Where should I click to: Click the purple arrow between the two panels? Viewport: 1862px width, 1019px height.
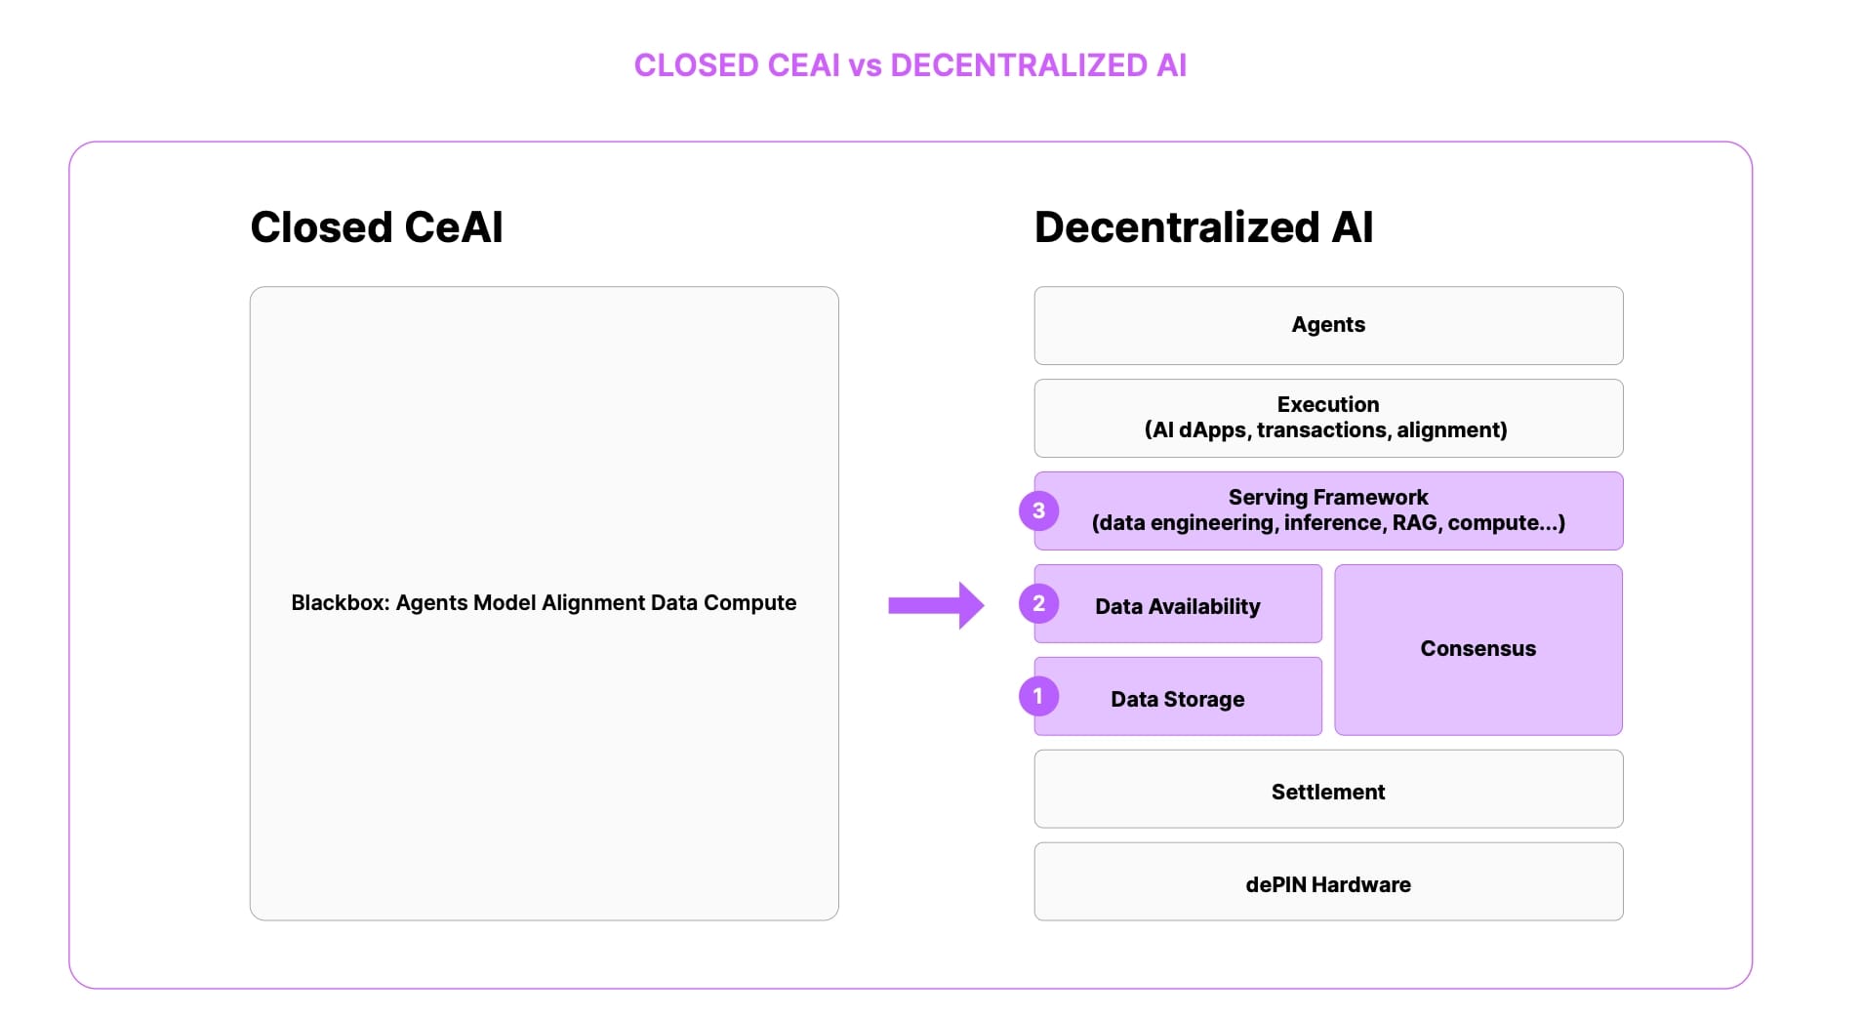click(935, 605)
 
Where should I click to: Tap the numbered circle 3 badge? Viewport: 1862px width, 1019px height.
click(1038, 510)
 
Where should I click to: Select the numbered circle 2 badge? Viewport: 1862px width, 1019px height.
click(1038, 603)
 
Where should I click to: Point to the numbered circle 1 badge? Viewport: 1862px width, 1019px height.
click(1038, 696)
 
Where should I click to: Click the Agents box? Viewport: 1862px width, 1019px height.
click(1328, 325)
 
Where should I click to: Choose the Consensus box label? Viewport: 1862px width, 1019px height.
click(1477, 649)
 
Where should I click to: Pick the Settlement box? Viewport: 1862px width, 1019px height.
click(1328, 792)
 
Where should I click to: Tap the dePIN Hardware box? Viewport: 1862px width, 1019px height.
click(1328, 884)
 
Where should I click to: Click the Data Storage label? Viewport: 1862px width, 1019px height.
click(1177, 699)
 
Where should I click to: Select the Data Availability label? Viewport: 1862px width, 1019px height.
click(1177, 606)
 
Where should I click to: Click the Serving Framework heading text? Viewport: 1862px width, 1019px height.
click(1328, 497)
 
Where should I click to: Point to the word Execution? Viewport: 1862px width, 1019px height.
click(1328, 404)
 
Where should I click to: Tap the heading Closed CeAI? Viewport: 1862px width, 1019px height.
click(377, 227)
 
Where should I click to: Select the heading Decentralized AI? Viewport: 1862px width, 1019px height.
click(1203, 227)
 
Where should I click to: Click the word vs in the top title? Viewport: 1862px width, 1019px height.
click(865, 65)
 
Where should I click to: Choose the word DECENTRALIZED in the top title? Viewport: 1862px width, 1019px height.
click(1019, 65)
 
